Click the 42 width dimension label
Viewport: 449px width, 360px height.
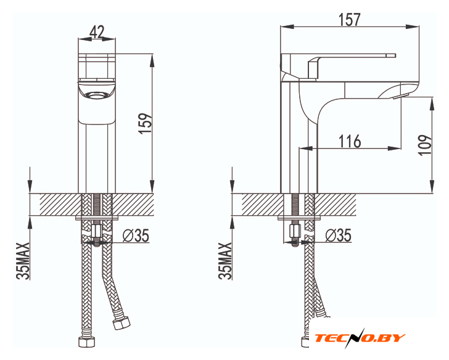click(97, 32)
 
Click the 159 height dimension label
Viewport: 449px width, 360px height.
click(145, 123)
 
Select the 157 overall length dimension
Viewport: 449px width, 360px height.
click(349, 20)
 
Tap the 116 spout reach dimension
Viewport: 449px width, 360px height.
click(350, 141)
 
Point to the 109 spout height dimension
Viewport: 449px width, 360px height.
click(425, 145)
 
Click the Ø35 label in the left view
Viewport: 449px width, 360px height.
click(136, 235)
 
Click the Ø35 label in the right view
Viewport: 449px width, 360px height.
click(338, 235)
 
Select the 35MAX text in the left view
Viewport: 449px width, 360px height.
click(23, 261)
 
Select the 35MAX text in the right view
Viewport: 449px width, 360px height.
click(224, 261)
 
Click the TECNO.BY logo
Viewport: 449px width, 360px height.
click(360, 338)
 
